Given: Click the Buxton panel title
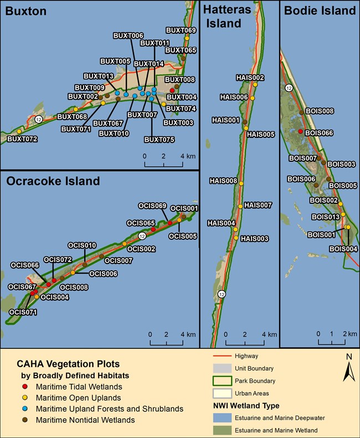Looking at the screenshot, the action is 25,11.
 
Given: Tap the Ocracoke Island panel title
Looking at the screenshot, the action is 53,181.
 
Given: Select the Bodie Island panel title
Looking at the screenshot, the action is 320,11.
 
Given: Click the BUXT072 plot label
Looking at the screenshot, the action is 22,139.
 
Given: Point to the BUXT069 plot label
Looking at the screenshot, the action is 181,30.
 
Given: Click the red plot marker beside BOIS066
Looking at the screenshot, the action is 301,131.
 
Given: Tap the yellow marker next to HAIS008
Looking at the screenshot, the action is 241,183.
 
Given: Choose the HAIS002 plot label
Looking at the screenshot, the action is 250,78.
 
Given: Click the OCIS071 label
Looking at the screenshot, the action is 23,312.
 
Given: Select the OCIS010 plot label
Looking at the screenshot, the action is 82,245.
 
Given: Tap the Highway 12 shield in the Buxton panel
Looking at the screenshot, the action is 39,120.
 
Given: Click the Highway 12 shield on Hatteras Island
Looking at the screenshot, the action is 222,294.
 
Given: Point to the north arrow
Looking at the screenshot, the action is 348,368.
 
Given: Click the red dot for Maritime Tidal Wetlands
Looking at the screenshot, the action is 25,387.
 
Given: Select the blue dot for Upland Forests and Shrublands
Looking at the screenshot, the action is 25,409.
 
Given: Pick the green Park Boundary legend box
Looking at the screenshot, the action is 222,381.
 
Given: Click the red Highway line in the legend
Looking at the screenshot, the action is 222,356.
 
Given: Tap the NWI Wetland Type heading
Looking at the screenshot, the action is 246,405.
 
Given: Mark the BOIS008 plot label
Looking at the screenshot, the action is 320,111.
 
